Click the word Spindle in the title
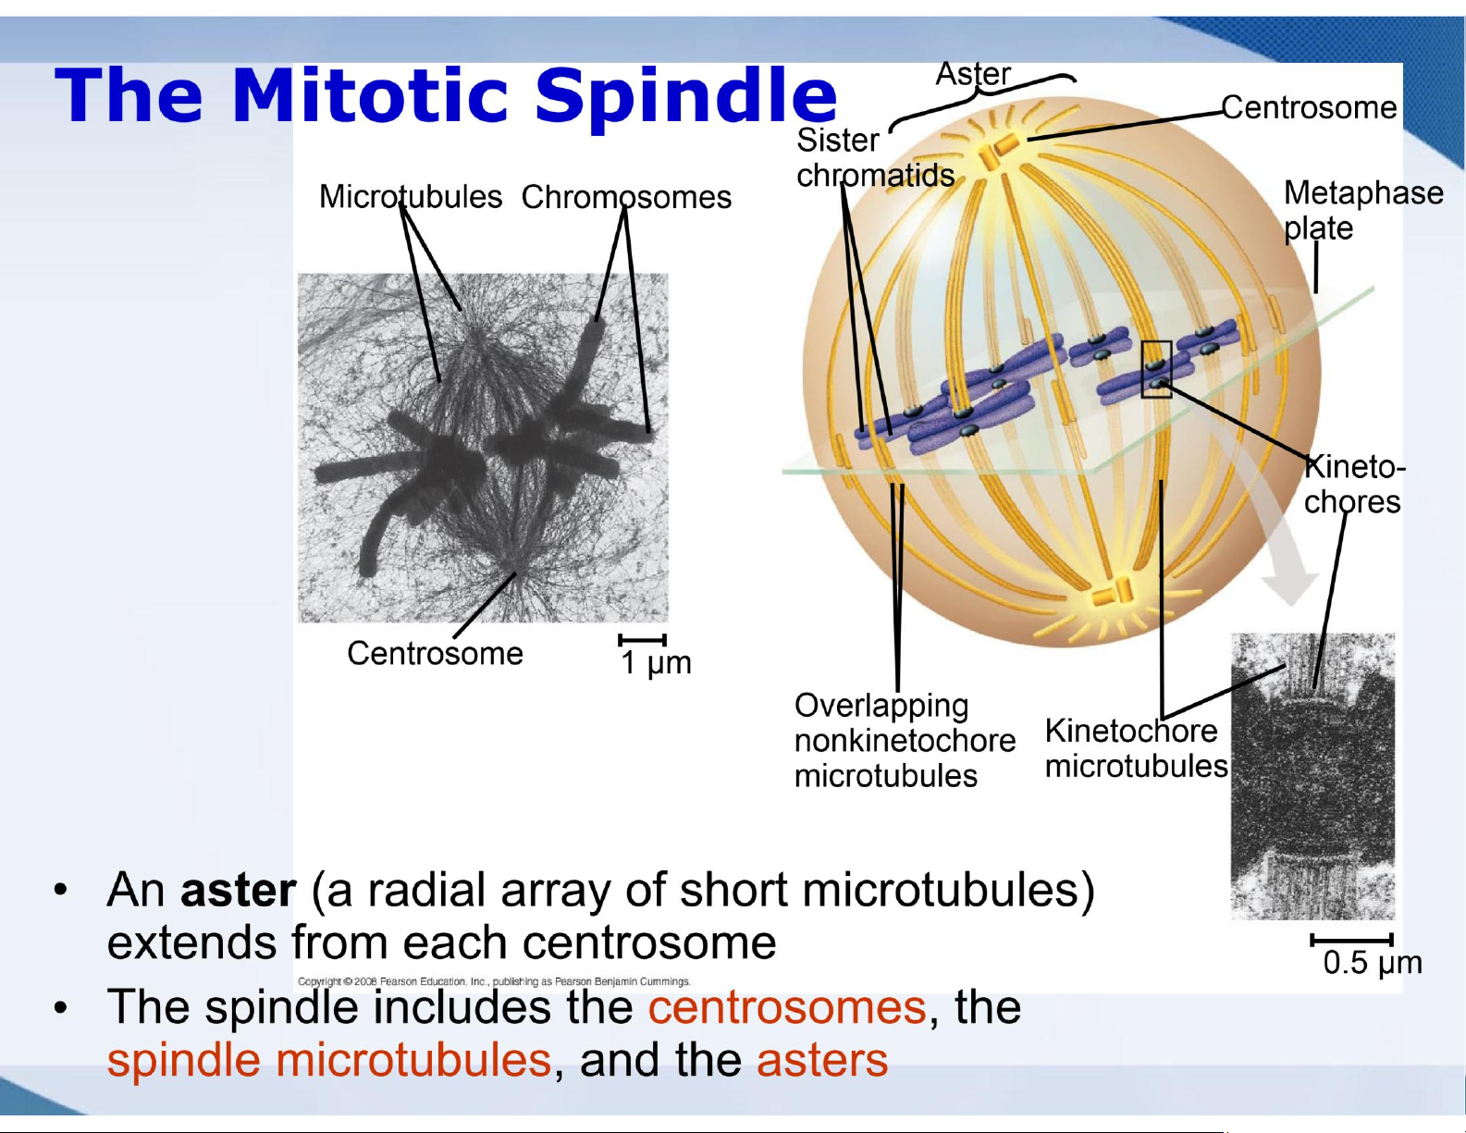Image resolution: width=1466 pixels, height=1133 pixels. [x=686, y=98]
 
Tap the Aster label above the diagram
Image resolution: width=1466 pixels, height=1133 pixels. [x=973, y=74]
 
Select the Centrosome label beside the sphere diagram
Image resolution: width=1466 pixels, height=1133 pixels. [x=1309, y=107]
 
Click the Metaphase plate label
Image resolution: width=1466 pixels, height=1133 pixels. [x=1362, y=211]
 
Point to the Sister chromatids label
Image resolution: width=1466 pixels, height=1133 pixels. [x=875, y=158]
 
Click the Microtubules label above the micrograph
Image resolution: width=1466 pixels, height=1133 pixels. [x=410, y=197]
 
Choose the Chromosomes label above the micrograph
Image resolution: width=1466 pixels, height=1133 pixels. [x=626, y=198]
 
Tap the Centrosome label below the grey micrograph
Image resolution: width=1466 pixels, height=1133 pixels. [x=435, y=653]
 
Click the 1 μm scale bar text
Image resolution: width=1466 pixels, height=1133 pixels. [x=656, y=663]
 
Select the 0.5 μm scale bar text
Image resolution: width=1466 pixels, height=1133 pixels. [x=1373, y=963]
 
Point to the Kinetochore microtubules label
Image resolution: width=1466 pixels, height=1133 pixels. [x=1136, y=748]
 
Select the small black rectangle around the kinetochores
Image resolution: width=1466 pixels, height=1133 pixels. [x=1155, y=369]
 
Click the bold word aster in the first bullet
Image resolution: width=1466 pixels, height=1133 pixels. [x=238, y=890]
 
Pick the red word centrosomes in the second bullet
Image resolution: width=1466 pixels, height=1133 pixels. [x=786, y=1007]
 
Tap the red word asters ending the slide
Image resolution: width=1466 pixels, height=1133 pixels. [x=821, y=1060]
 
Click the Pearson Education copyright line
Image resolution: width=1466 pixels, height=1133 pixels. [x=494, y=981]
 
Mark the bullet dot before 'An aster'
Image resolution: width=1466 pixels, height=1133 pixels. [x=61, y=892]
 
